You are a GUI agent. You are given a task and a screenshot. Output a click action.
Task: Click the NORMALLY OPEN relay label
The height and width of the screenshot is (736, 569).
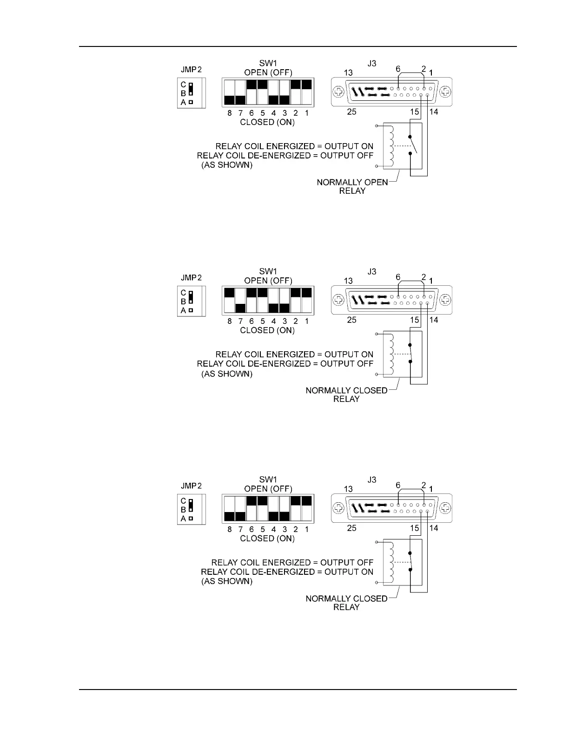[352, 182]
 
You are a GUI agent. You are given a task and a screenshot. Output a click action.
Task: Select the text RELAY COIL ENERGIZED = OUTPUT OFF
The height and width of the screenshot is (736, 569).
[292, 562]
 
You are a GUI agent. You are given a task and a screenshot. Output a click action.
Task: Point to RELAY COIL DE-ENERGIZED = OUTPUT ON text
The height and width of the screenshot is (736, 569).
[287, 572]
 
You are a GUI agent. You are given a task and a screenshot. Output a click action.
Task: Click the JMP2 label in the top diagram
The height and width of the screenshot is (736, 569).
[191, 70]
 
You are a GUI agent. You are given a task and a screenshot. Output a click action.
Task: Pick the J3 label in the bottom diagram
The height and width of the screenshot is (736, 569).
[371, 480]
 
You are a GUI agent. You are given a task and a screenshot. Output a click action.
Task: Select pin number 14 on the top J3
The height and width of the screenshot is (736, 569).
[433, 112]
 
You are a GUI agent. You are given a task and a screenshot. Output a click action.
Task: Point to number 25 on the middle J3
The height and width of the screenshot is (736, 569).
[352, 320]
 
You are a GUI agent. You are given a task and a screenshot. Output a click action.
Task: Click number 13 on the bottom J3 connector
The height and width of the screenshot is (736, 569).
[348, 489]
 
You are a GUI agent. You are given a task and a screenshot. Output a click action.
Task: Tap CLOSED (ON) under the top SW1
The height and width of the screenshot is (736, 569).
[267, 122]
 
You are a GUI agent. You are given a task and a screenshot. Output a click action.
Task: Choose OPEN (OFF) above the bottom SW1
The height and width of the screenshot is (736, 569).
[268, 489]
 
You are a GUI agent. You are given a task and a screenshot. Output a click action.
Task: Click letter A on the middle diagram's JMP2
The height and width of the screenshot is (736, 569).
[183, 310]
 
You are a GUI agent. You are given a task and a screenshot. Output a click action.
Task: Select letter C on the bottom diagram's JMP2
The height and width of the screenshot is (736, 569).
[183, 501]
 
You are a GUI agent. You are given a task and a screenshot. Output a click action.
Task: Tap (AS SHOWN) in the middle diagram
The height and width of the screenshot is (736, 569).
[227, 374]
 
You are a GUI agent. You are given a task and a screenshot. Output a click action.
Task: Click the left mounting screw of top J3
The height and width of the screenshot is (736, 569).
[339, 91]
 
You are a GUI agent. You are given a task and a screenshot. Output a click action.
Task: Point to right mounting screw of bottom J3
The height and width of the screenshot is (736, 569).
[445, 507]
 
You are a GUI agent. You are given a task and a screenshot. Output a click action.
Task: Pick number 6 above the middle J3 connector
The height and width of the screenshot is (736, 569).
[398, 277]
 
